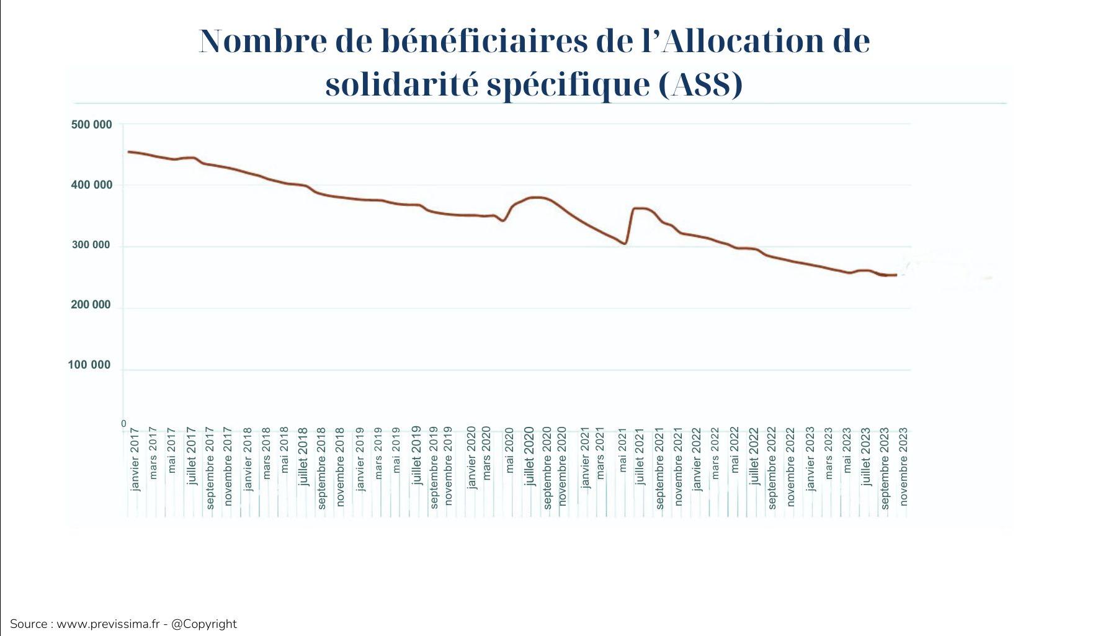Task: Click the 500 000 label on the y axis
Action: [91, 125]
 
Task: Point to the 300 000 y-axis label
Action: [91, 245]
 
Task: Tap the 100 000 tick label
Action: [89, 365]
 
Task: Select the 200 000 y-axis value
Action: [91, 305]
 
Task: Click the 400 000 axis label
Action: [91, 185]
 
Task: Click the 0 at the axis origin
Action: [123, 424]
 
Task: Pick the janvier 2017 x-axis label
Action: [136, 459]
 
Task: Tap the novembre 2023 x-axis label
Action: [903, 466]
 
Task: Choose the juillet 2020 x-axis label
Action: [529, 455]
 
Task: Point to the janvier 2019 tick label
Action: [360, 459]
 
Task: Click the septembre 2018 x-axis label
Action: [322, 468]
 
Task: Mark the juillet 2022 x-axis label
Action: [754, 455]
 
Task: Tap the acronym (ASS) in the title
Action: [699, 84]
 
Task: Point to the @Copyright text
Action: [203, 624]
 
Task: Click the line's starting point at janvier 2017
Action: [129, 151]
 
